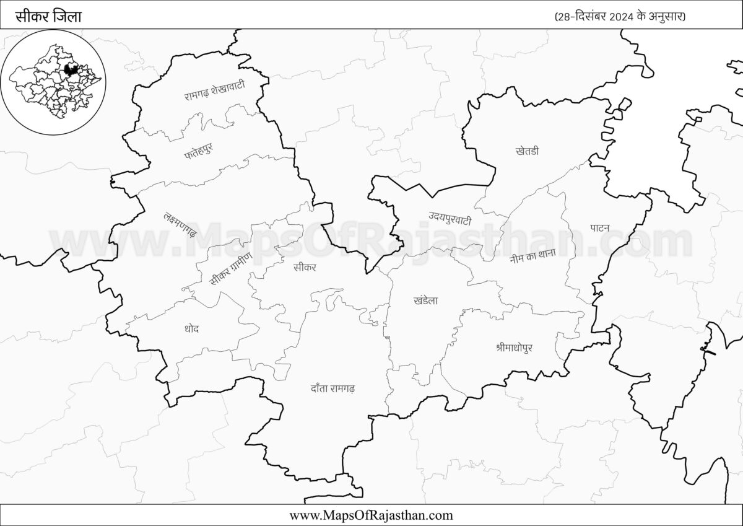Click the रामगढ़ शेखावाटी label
[214, 91]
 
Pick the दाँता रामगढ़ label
[332, 389]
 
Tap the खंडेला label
[425, 301]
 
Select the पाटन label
[599, 227]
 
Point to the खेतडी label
[527, 151]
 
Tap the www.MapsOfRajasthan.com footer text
[371, 515]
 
